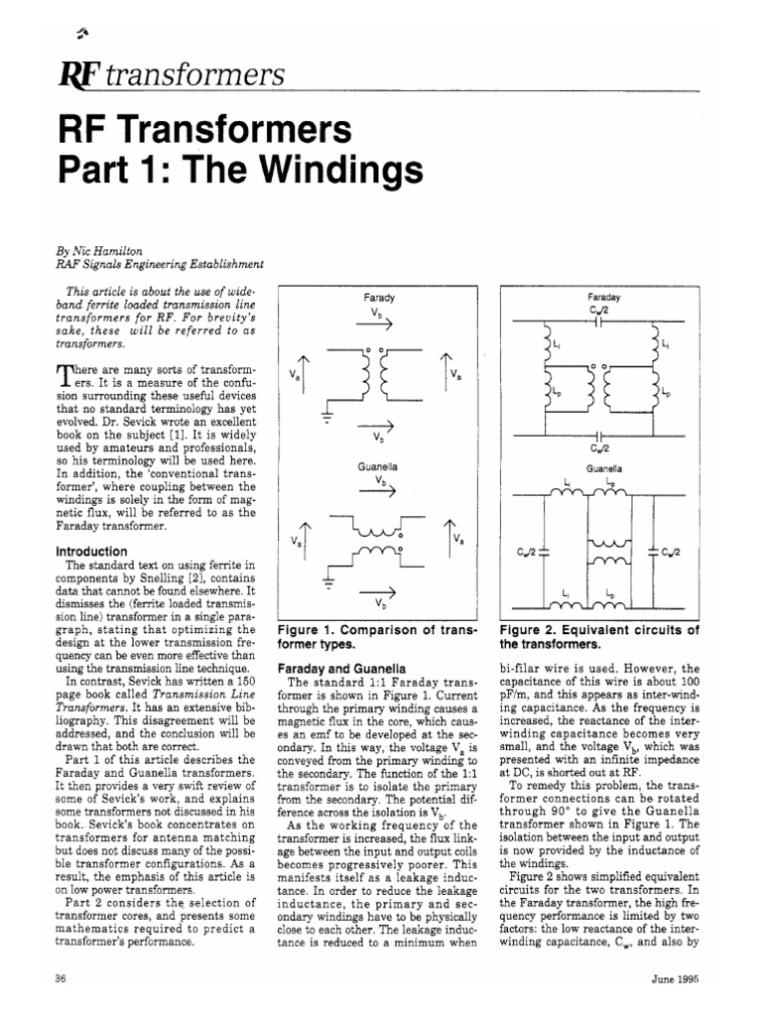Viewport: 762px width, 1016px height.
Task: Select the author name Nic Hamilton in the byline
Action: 104,251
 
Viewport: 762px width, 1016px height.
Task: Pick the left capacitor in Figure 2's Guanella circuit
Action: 546,551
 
